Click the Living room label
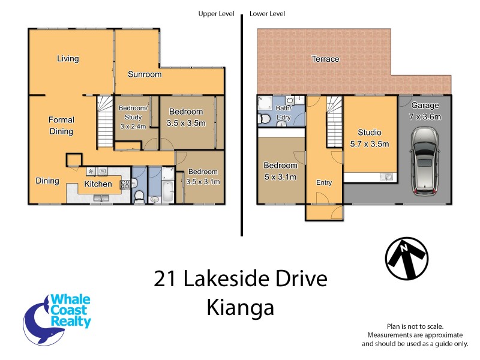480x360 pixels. (x=68, y=59)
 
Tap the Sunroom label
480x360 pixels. (x=145, y=74)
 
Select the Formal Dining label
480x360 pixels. (x=61, y=125)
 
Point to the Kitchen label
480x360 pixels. (x=98, y=184)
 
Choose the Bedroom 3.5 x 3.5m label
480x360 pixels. (x=186, y=117)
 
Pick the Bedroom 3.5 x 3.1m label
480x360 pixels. (x=203, y=176)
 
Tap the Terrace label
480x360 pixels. (x=325, y=59)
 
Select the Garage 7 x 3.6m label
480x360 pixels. (x=425, y=111)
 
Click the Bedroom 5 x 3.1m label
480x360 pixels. (x=281, y=171)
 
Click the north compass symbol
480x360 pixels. (x=407, y=258)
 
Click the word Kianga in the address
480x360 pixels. (x=240, y=307)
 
